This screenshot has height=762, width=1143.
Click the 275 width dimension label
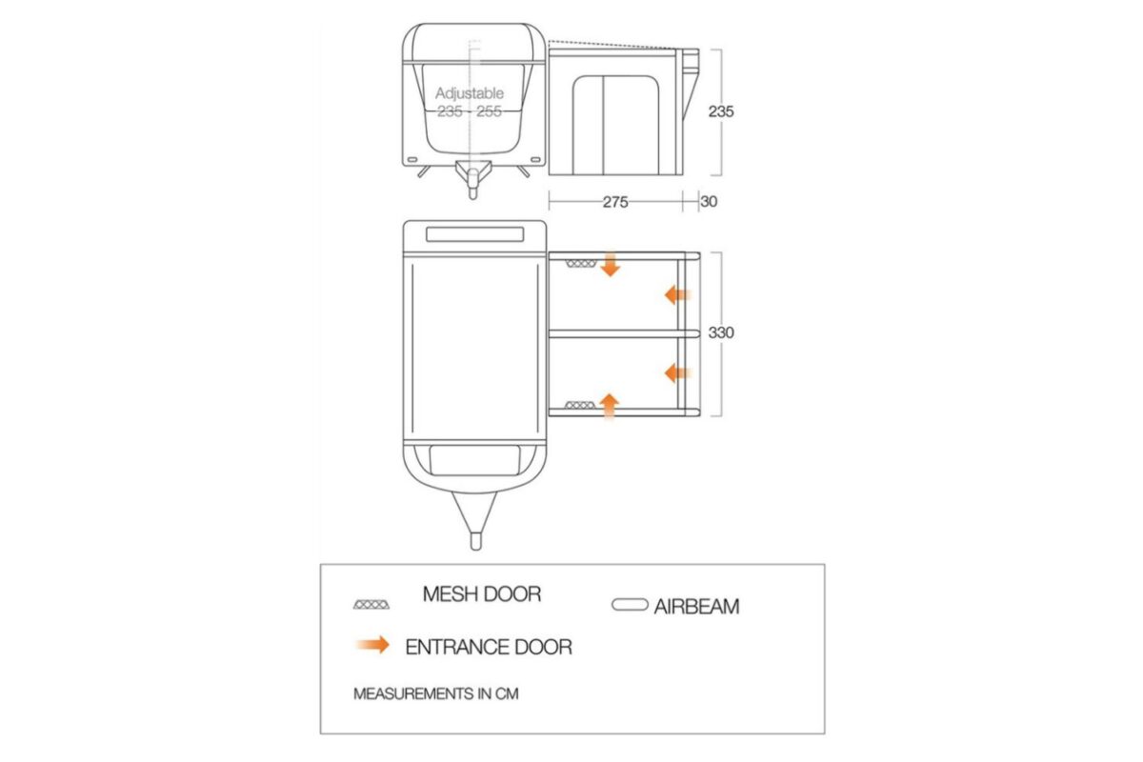pyautogui.click(x=614, y=202)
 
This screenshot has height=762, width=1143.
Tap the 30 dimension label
pyautogui.click(x=709, y=202)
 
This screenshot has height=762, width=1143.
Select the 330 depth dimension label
pyautogui.click(x=721, y=333)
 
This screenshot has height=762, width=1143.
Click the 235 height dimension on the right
pyautogui.click(x=721, y=111)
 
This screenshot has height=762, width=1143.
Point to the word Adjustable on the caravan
pyautogui.click(x=470, y=93)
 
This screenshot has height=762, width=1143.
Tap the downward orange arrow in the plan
pyautogui.click(x=611, y=266)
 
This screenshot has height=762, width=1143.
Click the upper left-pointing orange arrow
pyautogui.click(x=677, y=295)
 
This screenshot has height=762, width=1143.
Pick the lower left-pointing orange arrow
pyautogui.click(x=677, y=371)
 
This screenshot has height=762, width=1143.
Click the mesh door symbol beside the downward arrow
pyautogui.click(x=578, y=263)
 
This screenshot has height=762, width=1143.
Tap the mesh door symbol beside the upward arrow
pyautogui.click(x=578, y=406)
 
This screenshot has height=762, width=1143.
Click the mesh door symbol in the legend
pyautogui.click(x=371, y=605)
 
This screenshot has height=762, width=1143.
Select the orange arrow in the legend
pyautogui.click(x=371, y=646)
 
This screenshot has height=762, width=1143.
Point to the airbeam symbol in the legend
pyautogui.click(x=630, y=605)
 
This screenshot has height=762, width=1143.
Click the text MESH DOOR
pyautogui.click(x=481, y=594)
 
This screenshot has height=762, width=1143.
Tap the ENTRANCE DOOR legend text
pyautogui.click(x=489, y=648)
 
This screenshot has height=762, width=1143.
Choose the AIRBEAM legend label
pyautogui.click(x=696, y=607)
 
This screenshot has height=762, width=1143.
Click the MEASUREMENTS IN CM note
pyautogui.click(x=435, y=694)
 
